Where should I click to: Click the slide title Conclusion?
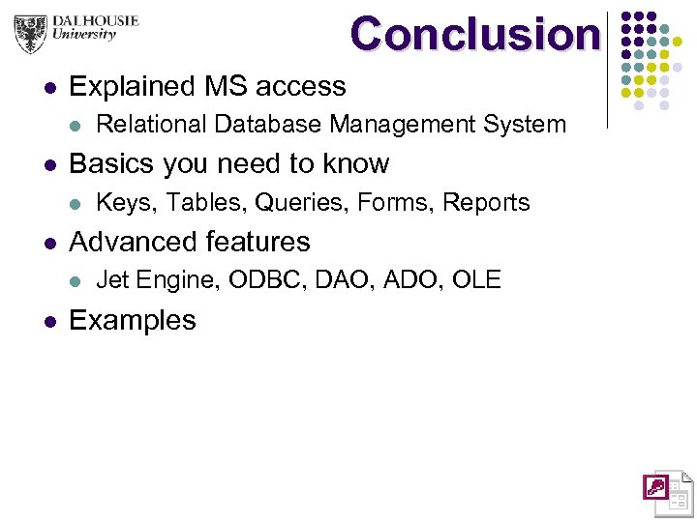tap(474, 34)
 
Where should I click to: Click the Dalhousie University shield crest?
tap(31, 33)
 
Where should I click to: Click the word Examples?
tap(133, 320)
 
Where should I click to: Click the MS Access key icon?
tap(655, 486)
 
